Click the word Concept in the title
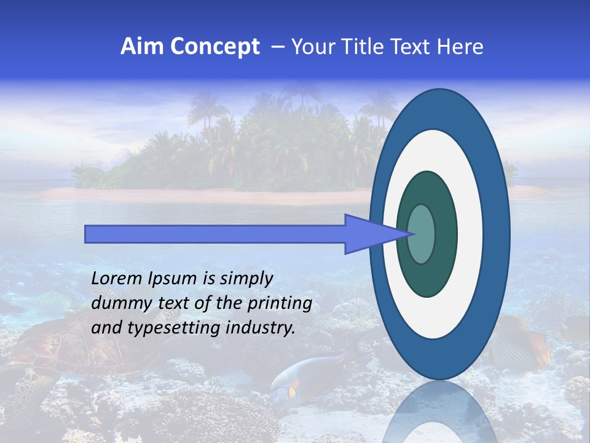coord(216,47)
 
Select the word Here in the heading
coord(460,47)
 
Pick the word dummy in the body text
coord(117,304)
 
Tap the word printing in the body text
coord(280,304)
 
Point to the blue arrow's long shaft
coord(215,234)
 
